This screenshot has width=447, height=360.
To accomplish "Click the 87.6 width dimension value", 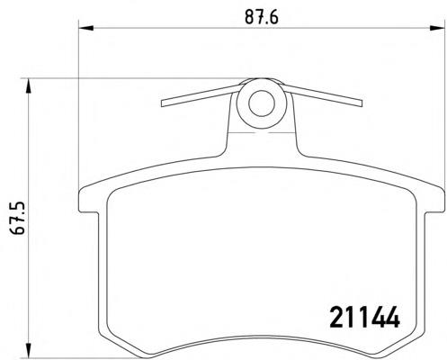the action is [262, 17].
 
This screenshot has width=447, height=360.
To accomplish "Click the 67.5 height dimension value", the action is [17, 218].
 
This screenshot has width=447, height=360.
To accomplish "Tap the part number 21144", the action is [364, 317].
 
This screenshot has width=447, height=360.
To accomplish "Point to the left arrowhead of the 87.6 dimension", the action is [86, 28].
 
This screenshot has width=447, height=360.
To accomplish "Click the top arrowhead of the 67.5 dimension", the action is [29, 86].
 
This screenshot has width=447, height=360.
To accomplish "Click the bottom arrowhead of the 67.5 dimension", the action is [29, 350].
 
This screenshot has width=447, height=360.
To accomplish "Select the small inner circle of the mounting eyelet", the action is [262, 103].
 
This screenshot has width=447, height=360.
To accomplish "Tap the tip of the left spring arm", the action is [162, 103].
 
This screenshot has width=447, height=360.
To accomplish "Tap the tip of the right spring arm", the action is [361, 103].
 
